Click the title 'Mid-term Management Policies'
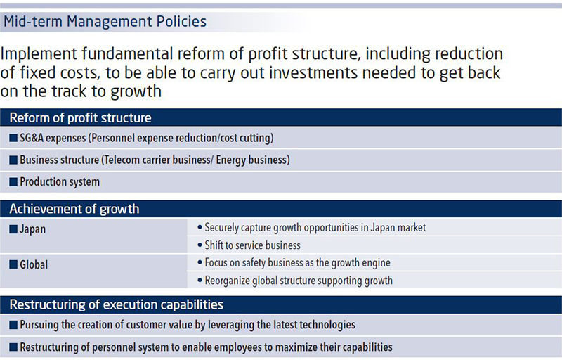click(x=105, y=22)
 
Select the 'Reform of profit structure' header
click(x=80, y=117)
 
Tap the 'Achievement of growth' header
click(x=74, y=209)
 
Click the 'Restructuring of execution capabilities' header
click(x=117, y=304)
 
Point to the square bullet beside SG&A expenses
click(x=13, y=138)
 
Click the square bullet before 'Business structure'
click(x=13, y=160)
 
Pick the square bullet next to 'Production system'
click(x=13, y=182)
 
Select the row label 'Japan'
click(x=32, y=229)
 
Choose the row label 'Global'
click(x=34, y=264)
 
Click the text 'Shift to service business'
click(x=252, y=245)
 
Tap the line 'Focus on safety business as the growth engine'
click(x=297, y=263)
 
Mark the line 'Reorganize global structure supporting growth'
click(x=299, y=281)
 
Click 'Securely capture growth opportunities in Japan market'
click(x=315, y=228)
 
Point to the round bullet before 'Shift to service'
click(x=200, y=245)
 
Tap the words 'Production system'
click(x=60, y=182)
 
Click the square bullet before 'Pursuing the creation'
click(x=13, y=325)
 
